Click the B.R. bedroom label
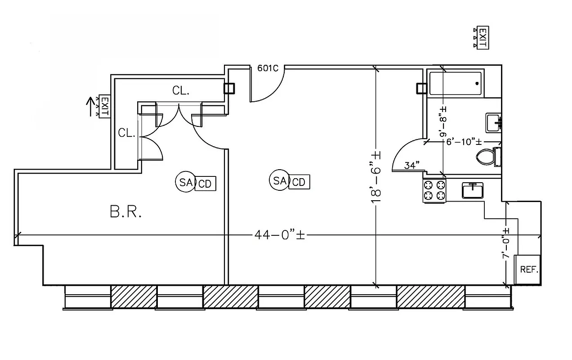coord(126,212)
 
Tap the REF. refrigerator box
coord(529,269)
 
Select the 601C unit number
coord(268,68)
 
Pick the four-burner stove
coord(434,190)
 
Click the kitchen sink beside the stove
coord(473,190)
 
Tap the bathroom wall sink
coord(493,122)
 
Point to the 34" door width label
coord(411,166)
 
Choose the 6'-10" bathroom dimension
coord(460,141)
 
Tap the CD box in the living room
coord(299,182)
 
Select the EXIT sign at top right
coord(482,38)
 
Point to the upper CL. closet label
coord(181,91)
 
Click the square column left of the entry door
coord(229,88)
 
